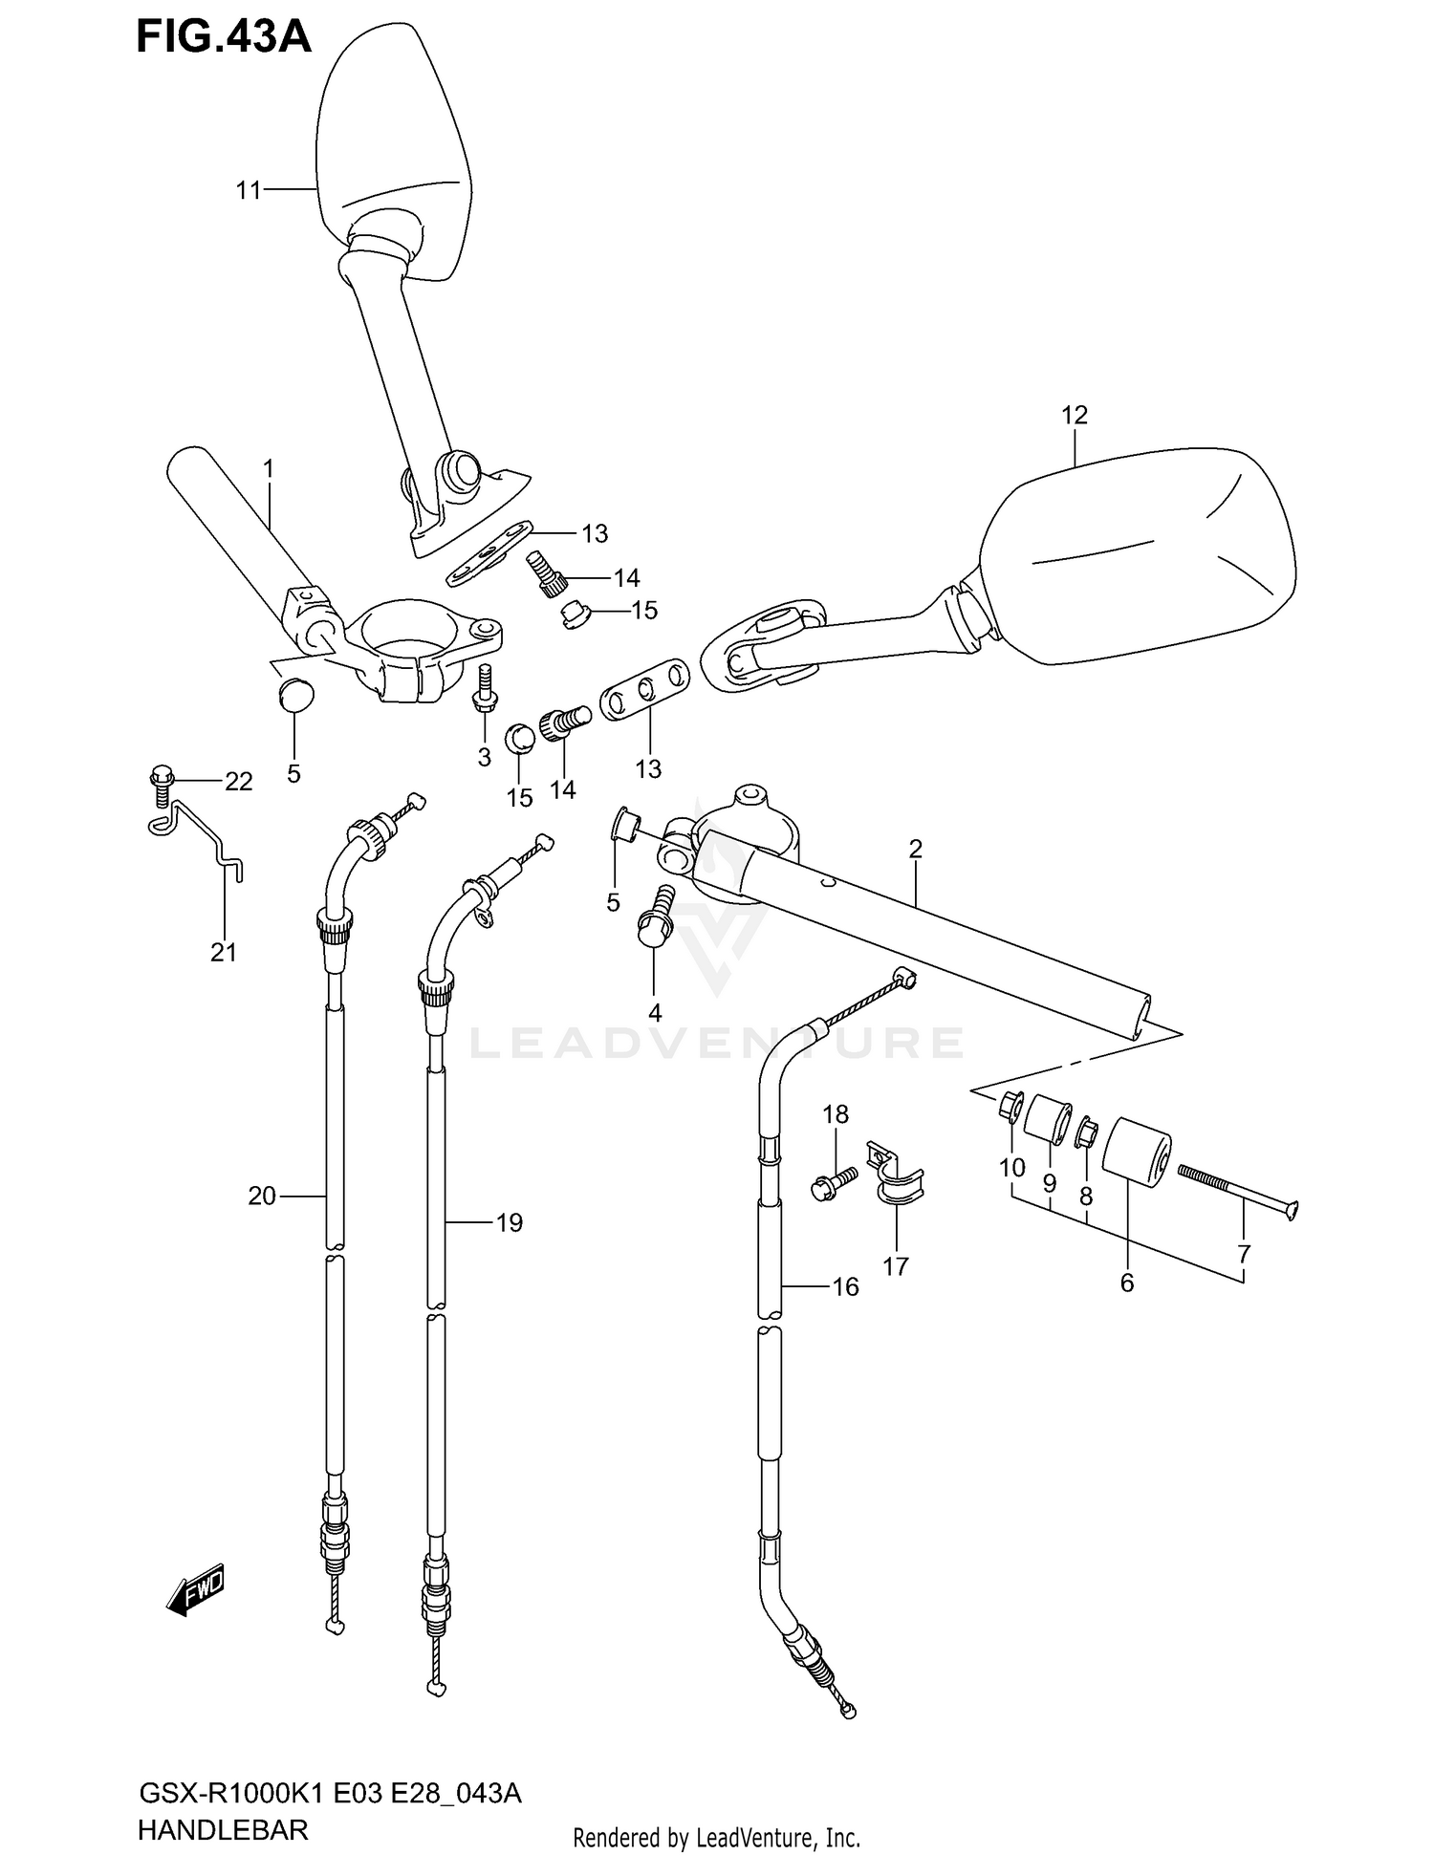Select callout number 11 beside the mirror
coord(249,191)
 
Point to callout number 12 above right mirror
coord(1074,415)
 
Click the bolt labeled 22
coord(160,781)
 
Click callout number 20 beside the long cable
coord(261,1196)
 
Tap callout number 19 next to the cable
coord(509,1222)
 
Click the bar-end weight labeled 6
coord(1137,1152)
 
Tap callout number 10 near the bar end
coord(1011,1167)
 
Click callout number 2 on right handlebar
coord(915,849)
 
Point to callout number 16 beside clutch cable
coord(845,1287)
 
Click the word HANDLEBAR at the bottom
coord(223,1829)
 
